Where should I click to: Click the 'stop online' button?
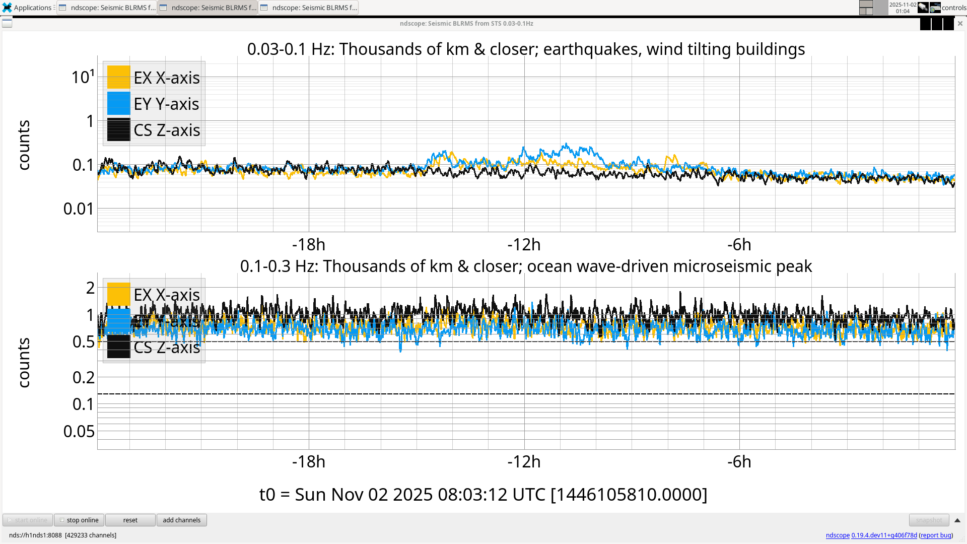(79, 520)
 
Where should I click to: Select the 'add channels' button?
(181, 520)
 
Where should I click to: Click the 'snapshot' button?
(929, 520)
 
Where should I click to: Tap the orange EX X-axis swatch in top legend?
(119, 78)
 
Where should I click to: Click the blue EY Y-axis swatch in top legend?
(119, 104)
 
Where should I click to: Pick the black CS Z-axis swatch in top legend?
(119, 130)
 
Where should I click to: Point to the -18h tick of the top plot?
(309, 245)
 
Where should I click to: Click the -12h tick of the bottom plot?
(524, 462)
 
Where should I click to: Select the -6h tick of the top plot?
(739, 245)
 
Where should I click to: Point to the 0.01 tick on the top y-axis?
(79, 209)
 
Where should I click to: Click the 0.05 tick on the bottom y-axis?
(79, 432)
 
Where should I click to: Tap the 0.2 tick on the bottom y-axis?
(84, 377)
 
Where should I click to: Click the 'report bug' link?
(936, 535)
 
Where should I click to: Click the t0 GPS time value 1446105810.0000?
(629, 495)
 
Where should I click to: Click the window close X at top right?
(960, 24)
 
